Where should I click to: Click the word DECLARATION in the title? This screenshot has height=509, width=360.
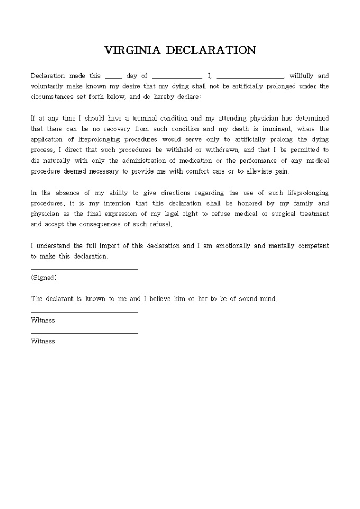pos(211,50)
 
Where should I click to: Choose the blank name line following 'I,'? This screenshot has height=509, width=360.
pos(250,77)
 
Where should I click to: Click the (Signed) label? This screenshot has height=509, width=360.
pos(44,277)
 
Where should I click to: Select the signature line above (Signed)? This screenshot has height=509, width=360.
pos(84,269)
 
